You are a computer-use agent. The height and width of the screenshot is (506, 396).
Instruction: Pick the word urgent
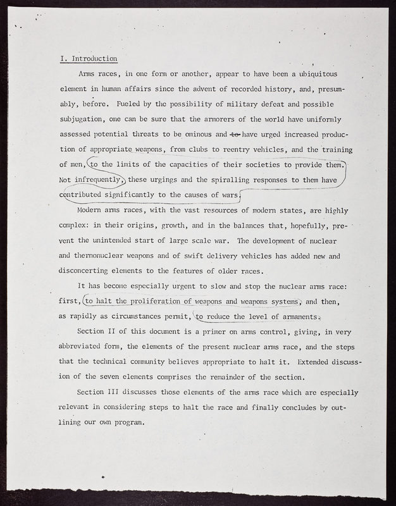192,287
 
